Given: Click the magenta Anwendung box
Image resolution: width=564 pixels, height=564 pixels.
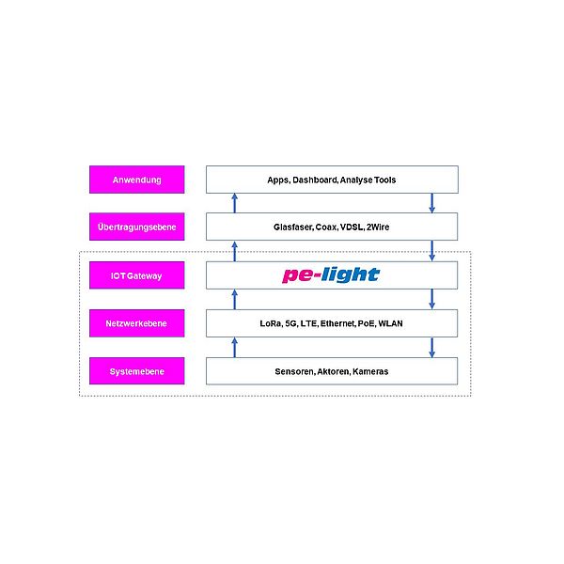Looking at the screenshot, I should tap(136, 180).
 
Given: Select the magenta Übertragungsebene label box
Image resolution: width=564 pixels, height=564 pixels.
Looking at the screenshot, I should tap(136, 227).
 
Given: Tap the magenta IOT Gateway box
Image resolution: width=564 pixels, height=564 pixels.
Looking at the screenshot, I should tap(136, 275).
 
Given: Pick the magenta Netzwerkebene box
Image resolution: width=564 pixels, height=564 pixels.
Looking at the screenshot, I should tap(136, 323).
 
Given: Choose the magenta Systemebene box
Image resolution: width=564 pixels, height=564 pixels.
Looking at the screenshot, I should tap(136, 371).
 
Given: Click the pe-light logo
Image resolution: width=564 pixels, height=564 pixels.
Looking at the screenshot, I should tap(331, 274).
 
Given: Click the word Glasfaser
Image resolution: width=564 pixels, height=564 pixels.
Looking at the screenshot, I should tap(290, 227).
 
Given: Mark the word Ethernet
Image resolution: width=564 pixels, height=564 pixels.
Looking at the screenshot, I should tap(338, 323).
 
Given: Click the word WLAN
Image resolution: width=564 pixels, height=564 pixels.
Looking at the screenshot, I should tap(391, 323).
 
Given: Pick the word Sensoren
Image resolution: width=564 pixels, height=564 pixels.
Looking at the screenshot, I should tap(295, 371).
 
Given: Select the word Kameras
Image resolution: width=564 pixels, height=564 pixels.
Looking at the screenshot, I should tap(369, 371).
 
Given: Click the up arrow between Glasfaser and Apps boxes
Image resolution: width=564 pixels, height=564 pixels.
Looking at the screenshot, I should tap(235, 203).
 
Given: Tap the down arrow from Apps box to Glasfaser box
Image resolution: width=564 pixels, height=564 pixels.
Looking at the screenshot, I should tap(432, 203).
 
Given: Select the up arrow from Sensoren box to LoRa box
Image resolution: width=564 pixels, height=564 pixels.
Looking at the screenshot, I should tap(235, 347).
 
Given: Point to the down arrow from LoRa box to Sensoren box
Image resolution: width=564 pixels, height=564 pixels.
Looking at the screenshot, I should tap(432, 347).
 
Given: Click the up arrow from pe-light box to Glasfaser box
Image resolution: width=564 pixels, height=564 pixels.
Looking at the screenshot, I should tap(235, 251).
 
